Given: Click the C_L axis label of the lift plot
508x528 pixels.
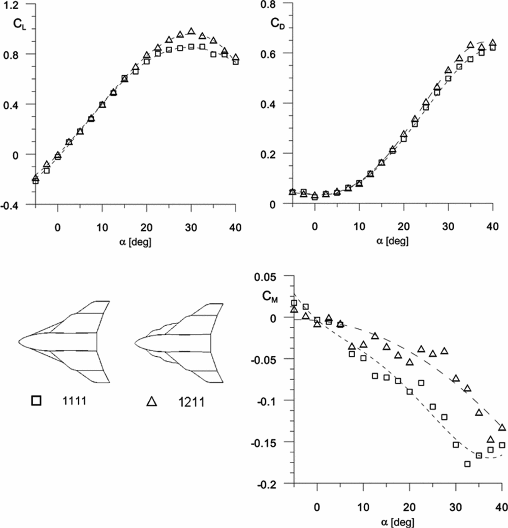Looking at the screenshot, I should (18, 23).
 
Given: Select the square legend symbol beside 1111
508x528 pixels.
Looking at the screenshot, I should (36, 401).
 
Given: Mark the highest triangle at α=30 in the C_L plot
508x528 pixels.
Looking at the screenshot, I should (192, 32).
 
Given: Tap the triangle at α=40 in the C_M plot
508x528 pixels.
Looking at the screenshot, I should (502, 427).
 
